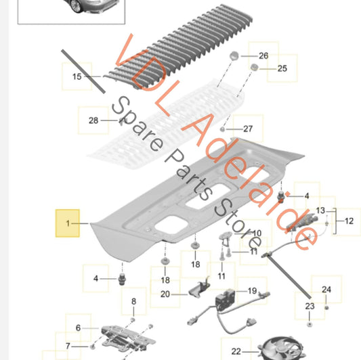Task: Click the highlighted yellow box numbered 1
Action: (68, 223)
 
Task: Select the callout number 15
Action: (77, 76)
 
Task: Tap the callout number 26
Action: (263, 55)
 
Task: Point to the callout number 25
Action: (282, 68)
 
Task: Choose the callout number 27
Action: (248, 129)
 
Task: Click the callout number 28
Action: (93, 120)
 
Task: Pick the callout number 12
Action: (349, 221)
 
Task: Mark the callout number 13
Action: (320, 210)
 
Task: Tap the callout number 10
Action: (257, 233)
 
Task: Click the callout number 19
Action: (253, 291)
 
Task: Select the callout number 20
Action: (165, 294)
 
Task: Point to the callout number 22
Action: (236, 351)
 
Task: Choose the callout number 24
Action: (326, 290)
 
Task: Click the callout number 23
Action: (310, 306)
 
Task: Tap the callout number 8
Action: (133, 301)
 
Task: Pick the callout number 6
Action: (79, 328)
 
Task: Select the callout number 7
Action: (68, 346)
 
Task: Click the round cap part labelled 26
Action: (234, 55)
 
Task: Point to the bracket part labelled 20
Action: (199, 288)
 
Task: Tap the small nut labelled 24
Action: (326, 307)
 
